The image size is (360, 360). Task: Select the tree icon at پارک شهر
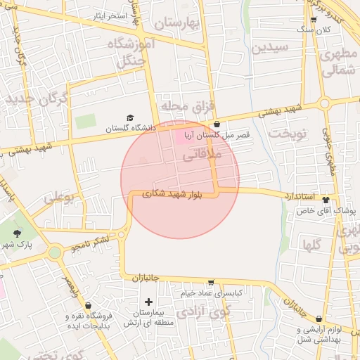(17, 233)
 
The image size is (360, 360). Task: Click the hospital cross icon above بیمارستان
(148, 301)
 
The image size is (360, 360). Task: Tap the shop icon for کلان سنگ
(313, 20)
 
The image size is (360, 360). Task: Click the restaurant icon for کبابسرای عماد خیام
(210, 283)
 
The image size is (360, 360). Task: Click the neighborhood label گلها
(311, 245)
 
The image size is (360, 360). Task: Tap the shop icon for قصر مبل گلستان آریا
(216, 124)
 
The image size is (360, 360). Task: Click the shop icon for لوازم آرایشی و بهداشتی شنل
(319, 319)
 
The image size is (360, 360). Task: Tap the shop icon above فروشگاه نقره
(88, 306)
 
